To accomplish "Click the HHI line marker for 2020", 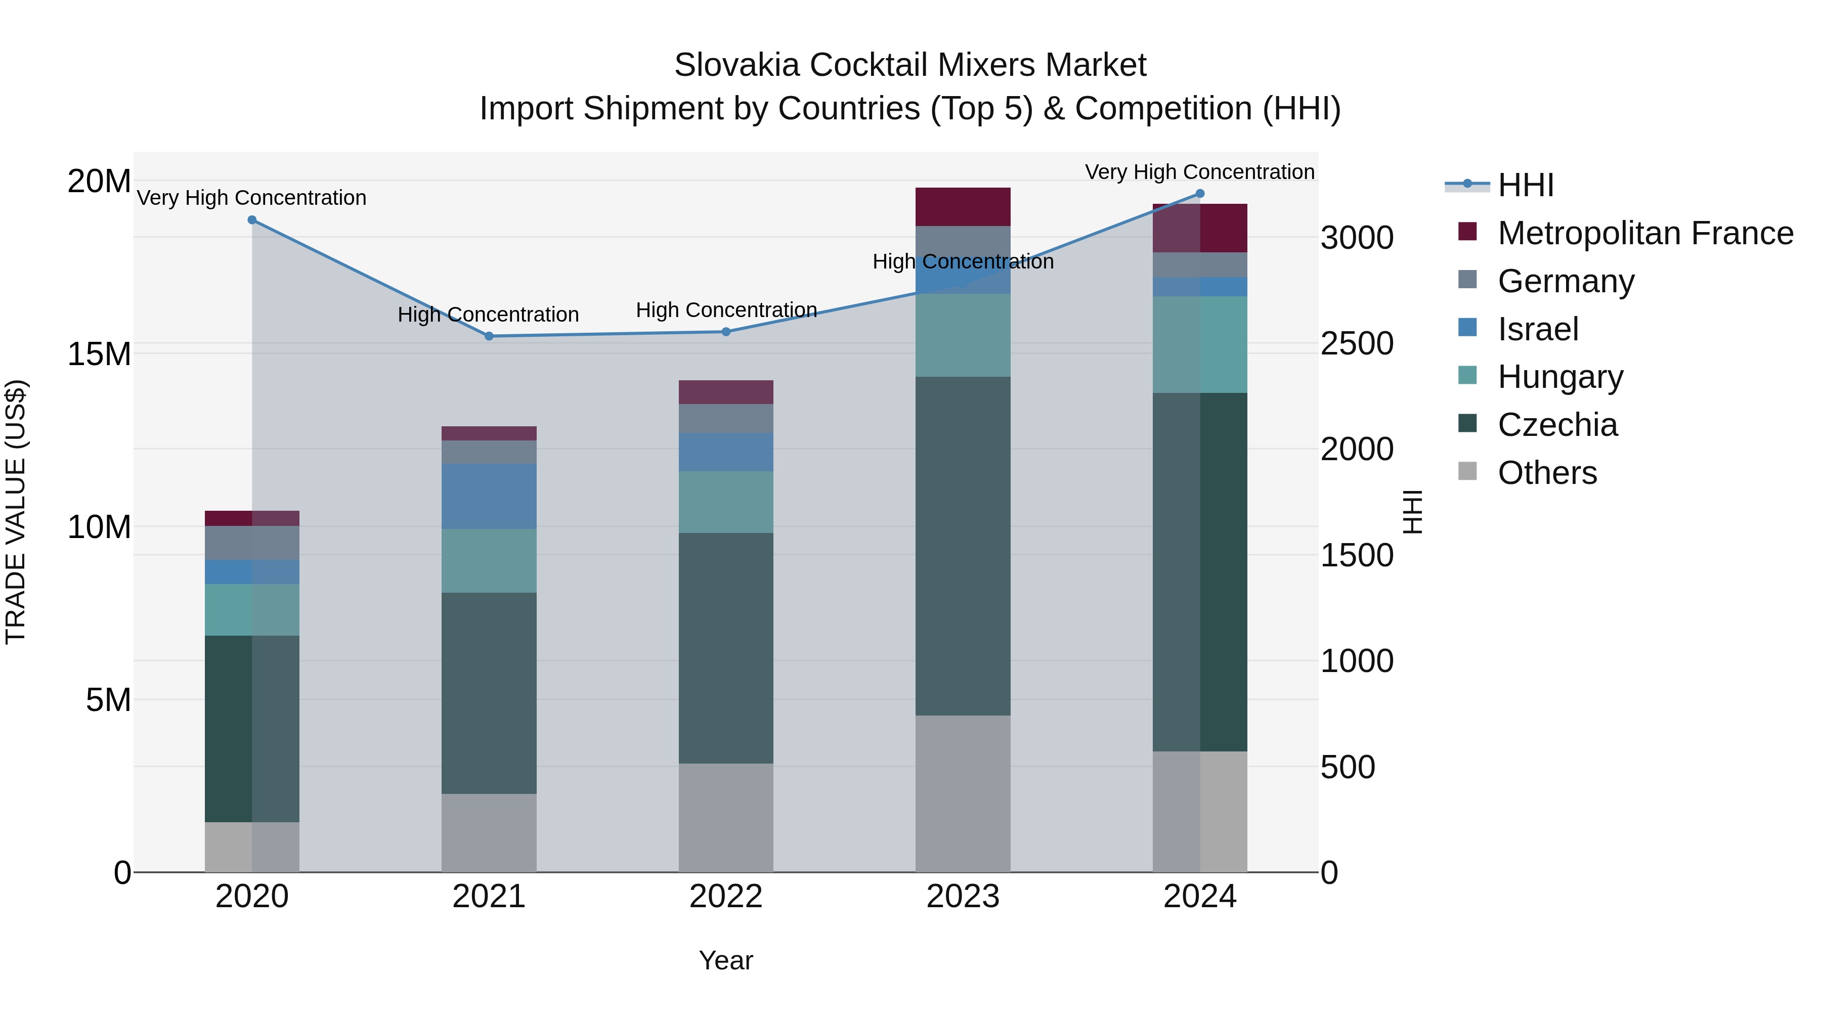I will (252, 220).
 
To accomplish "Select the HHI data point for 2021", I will (489, 336).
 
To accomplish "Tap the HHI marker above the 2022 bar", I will (726, 331).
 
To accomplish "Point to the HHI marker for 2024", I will (1200, 194).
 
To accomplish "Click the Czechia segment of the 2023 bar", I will (963, 546).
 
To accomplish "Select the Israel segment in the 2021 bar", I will (489, 496).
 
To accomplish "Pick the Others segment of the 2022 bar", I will (726, 817).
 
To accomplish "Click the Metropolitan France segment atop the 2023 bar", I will (963, 207).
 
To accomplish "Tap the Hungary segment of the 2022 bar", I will (726, 502).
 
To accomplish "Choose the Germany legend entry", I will (1565, 281).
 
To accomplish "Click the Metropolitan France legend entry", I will (1644, 233).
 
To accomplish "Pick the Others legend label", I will (1547, 473).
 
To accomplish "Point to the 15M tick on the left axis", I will (99, 353).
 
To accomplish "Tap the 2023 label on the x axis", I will (963, 897).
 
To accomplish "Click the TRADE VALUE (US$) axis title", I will (16, 512).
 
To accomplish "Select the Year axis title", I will (726, 960).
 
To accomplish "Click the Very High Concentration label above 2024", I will (1200, 172).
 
